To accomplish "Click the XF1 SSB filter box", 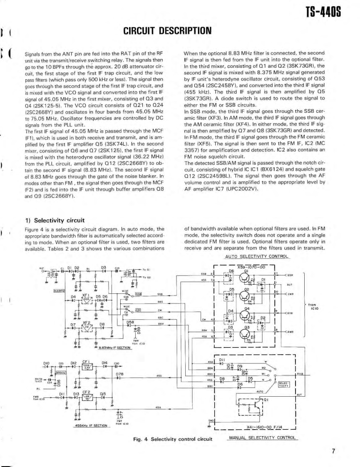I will coord(86,300).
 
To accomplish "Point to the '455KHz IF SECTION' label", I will coord(87,425).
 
